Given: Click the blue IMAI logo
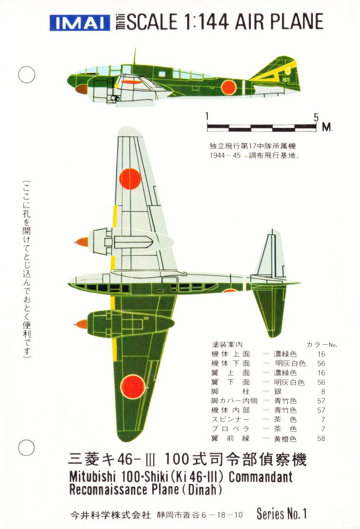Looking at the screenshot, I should point(72,23).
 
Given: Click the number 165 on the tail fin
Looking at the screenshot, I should point(287,80).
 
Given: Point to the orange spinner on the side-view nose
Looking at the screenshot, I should point(81,89).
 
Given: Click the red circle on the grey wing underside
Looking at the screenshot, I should point(130,178).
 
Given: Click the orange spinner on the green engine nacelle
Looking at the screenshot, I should point(82,324).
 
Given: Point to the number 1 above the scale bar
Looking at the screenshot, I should point(207,117).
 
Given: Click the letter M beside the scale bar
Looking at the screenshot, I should point(327,127).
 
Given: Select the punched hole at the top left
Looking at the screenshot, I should point(27,75).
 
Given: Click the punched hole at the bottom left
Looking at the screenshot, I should point(27,448).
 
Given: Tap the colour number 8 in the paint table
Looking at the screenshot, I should point(322,392).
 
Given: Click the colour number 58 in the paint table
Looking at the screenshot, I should point(321,438).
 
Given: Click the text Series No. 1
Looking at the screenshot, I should point(282,514).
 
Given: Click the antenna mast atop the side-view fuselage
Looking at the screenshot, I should point(135,55).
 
